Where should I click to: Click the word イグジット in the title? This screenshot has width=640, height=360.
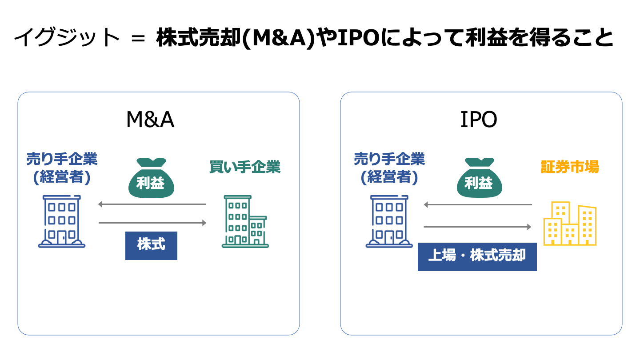click(x=67, y=38)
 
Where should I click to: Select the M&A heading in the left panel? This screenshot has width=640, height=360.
click(x=150, y=120)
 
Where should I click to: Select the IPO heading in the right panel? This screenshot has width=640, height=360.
click(x=478, y=120)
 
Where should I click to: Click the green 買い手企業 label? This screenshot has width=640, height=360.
click(x=245, y=167)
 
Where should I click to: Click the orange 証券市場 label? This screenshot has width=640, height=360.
click(x=570, y=167)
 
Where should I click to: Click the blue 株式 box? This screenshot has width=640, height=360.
click(x=151, y=245)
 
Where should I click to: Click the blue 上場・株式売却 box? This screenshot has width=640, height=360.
click(x=477, y=256)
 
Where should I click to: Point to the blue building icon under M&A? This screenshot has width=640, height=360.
click(x=62, y=221)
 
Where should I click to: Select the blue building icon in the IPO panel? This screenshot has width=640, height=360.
click(x=389, y=221)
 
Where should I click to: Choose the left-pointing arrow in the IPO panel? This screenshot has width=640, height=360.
click(x=477, y=205)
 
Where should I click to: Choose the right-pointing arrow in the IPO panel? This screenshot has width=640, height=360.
click(x=477, y=227)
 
